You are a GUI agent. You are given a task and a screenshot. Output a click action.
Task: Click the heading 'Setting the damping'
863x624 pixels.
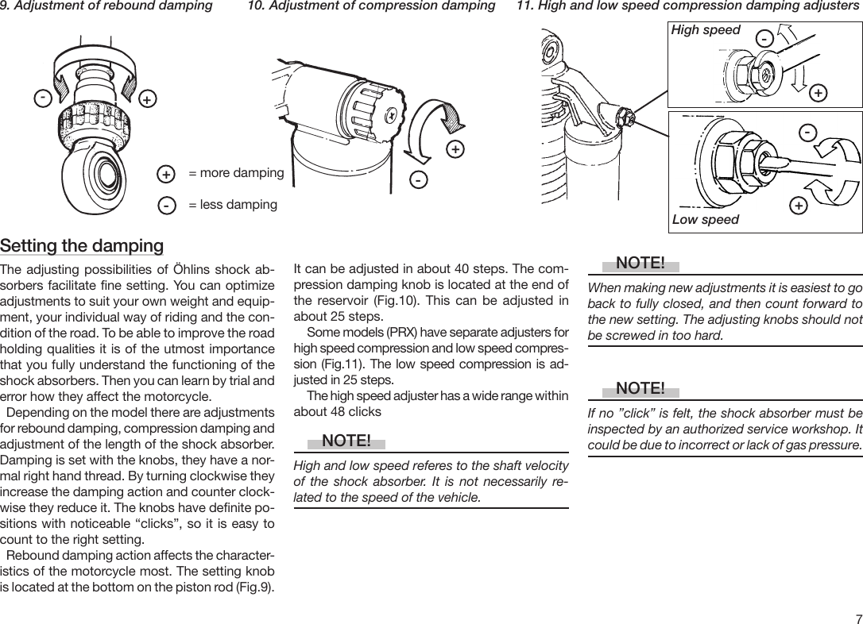82,245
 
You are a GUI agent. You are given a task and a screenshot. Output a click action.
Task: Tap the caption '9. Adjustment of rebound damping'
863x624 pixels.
106,6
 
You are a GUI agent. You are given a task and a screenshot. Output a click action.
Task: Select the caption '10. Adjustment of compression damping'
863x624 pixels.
371,6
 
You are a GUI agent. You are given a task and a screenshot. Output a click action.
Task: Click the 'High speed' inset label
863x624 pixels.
706,30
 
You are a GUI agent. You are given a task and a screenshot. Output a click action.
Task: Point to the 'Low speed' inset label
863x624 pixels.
706,219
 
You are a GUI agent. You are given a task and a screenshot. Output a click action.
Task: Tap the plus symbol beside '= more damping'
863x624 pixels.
166,174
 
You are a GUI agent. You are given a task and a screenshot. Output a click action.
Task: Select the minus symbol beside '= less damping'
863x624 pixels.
166,206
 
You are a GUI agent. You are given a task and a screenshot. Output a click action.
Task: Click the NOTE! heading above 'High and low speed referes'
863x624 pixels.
346,441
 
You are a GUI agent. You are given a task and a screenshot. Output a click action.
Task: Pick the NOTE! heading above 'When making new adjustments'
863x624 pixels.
640,263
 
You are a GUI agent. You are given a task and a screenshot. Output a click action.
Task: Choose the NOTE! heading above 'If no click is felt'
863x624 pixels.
640,388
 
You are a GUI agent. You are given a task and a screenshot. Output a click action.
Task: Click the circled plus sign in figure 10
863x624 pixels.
455,149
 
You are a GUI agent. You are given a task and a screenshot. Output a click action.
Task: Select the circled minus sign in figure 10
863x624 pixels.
417,181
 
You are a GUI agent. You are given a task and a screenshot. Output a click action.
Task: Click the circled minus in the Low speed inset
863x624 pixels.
807,131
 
